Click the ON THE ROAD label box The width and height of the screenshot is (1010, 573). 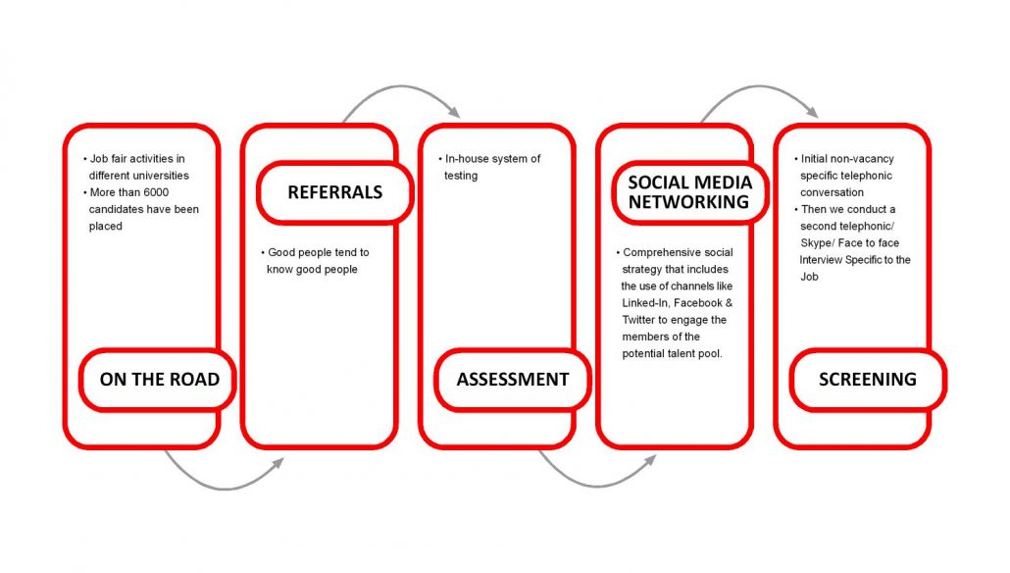click(x=159, y=379)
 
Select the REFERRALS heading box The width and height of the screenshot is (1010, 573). click(x=334, y=192)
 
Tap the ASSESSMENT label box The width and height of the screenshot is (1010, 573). click(x=512, y=379)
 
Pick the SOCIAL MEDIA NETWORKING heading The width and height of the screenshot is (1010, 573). click(x=689, y=192)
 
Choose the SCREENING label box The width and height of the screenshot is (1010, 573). click(x=867, y=379)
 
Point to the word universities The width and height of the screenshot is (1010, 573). click(x=161, y=176)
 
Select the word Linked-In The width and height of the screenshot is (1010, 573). click(x=647, y=303)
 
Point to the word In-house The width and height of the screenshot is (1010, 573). click(x=468, y=159)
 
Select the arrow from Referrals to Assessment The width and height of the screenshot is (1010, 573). click(x=402, y=94)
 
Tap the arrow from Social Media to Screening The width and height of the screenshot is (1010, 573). click(x=760, y=94)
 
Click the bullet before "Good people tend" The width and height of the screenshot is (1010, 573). click(x=263, y=252)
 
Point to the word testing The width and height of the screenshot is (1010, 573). click(x=461, y=176)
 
